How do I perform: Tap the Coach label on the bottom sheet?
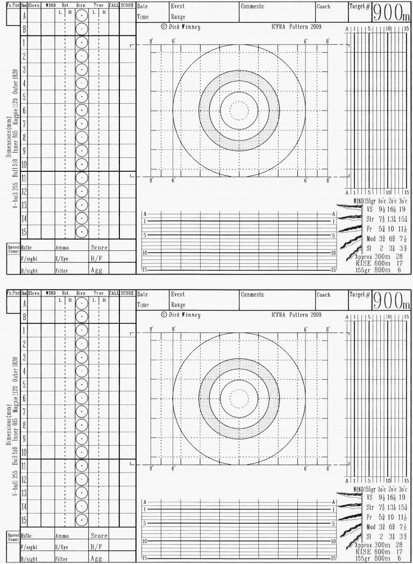pos(324,295)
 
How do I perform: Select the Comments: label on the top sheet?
pos(253,7)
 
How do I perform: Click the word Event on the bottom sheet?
pos(177,295)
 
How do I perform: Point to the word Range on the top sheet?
pos(178,17)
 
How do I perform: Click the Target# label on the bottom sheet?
pos(360,295)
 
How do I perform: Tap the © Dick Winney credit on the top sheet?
pos(181,27)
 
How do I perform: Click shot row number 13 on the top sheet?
pos(24,205)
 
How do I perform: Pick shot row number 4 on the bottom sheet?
pos(24,371)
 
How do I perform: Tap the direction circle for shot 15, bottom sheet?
pos(81,520)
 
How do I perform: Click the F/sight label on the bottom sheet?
pos(29,547)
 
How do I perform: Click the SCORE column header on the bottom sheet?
pos(127,293)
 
